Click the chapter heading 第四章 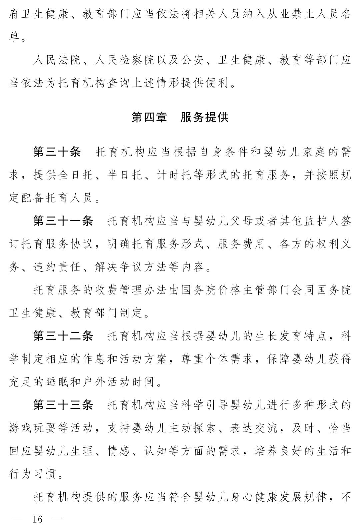pyautogui.click(x=149, y=118)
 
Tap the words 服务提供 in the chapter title pyautogui.click(x=204, y=118)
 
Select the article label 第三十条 pyautogui.click(x=57, y=152)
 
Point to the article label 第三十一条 pyautogui.click(x=63, y=221)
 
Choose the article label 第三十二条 pyautogui.click(x=63, y=336)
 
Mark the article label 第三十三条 pyautogui.click(x=63, y=405)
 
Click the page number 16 pyautogui.click(x=37, y=519)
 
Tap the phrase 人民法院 pyautogui.click(x=57, y=60)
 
